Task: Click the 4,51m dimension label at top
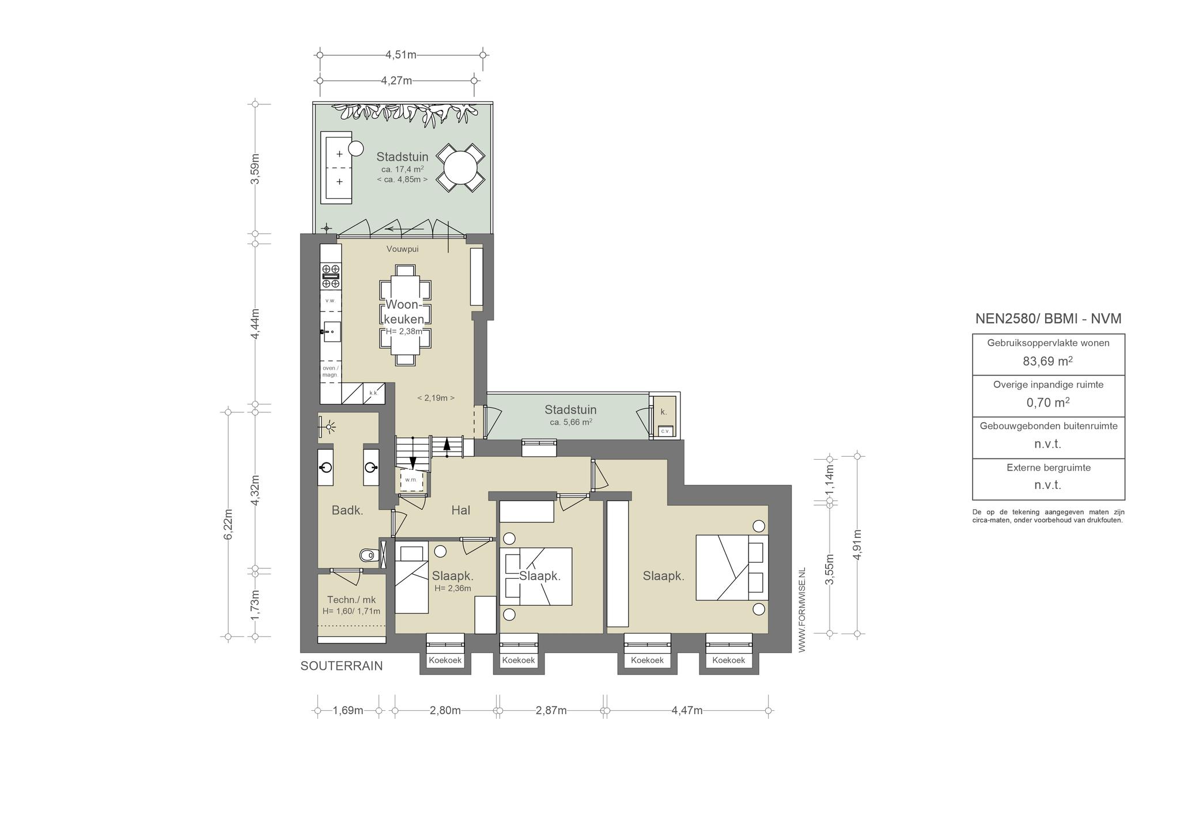click(x=401, y=55)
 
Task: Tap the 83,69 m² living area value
click(x=1048, y=361)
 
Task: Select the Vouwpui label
click(x=402, y=249)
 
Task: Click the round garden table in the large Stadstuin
click(x=460, y=167)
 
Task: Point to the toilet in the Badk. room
click(x=367, y=556)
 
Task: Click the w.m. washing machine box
click(x=411, y=479)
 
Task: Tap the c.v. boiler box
click(x=665, y=431)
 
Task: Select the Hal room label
click(x=461, y=510)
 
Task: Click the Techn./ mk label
click(x=351, y=600)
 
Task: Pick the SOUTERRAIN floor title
click(x=342, y=666)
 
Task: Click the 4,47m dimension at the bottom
click(x=687, y=710)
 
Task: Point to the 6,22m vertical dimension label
click(x=228, y=525)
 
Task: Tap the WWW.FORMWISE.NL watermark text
click(x=801, y=609)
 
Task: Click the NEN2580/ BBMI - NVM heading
click(x=1048, y=319)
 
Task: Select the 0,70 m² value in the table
click(x=1048, y=403)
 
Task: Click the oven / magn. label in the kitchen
click(x=330, y=371)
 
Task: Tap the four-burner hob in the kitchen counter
click(x=331, y=276)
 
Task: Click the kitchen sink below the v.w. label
click(x=331, y=332)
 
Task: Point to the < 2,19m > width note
click(x=436, y=397)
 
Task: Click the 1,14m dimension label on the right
click(x=830, y=480)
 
